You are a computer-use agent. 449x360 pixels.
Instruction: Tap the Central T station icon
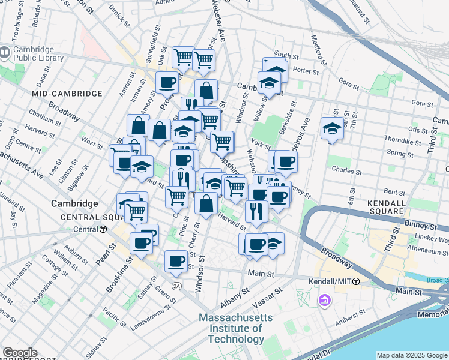tap(103, 229)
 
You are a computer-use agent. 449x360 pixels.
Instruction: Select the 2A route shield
tap(176, 284)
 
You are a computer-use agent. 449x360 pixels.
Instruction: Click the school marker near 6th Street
tap(331, 128)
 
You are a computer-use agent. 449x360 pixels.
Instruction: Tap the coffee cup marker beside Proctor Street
tap(167, 82)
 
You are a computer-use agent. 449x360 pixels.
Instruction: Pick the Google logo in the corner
tap(20, 353)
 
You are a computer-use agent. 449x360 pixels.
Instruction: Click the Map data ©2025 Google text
tap(412, 355)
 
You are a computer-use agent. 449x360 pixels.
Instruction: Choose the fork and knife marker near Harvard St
tap(256, 211)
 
